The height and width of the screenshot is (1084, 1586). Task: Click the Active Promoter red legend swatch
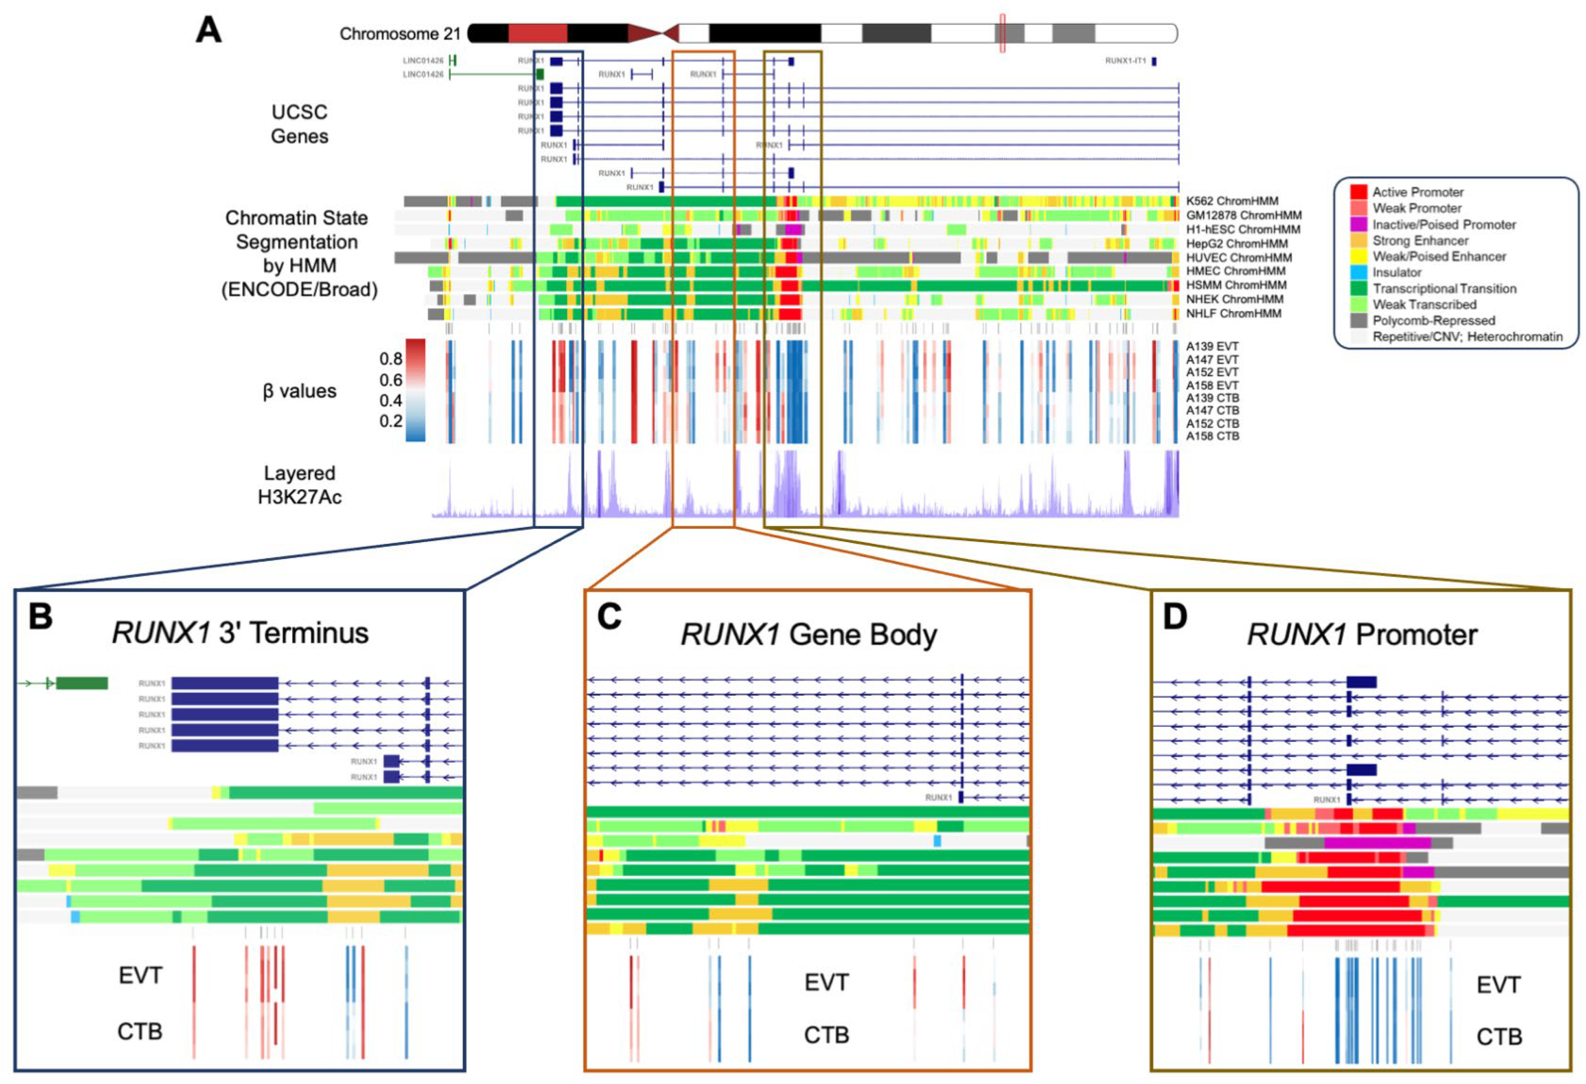[1358, 192]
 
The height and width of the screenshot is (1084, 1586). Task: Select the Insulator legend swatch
[1358, 272]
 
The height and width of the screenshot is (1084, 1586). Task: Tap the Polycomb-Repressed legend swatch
[1358, 320]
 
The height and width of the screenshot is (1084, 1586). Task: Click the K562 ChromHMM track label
[1232, 201]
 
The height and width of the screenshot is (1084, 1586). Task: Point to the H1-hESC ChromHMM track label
[1243, 229]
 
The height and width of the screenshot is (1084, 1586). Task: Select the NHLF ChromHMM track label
[1233, 313]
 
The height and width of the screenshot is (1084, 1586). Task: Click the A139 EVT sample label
[1212, 346]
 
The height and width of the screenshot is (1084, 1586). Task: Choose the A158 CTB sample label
[1212, 436]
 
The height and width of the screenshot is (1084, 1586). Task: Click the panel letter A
[209, 31]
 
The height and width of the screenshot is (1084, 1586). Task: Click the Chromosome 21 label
[400, 34]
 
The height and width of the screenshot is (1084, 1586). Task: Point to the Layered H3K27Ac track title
[299, 485]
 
